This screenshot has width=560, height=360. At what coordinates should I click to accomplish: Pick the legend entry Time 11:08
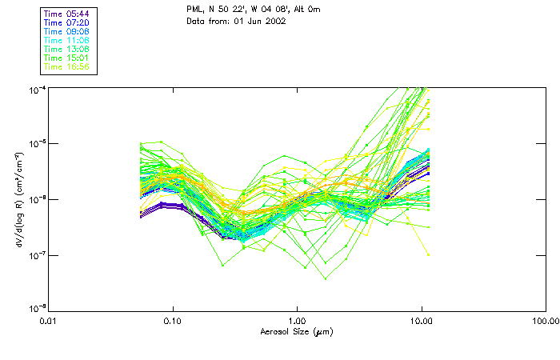[67, 41]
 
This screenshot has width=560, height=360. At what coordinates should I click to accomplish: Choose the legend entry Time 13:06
[67, 50]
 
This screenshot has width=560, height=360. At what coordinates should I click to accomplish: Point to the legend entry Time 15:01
[67, 58]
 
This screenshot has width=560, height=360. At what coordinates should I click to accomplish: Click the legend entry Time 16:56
[67, 67]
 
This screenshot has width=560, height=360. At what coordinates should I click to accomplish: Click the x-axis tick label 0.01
[49, 321]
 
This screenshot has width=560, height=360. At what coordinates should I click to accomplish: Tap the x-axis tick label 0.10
[173, 321]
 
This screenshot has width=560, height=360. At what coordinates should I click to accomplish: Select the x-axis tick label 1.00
[297, 321]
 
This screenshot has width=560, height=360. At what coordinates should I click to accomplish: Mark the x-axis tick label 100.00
[545, 321]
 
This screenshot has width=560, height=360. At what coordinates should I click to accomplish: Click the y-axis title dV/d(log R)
[19, 198]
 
